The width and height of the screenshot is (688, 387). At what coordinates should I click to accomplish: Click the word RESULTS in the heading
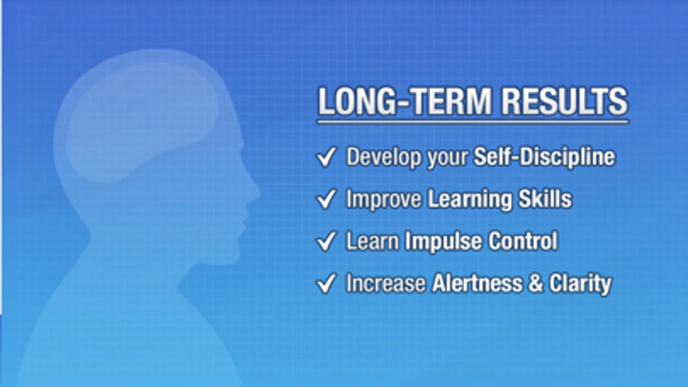(x=565, y=101)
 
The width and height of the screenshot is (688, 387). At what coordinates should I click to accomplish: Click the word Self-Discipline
(x=545, y=157)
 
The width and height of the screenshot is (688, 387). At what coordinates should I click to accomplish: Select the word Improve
(x=384, y=200)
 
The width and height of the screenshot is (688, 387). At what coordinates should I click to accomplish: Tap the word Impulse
(x=443, y=242)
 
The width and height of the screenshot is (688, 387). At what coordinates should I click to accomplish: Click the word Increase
(x=386, y=283)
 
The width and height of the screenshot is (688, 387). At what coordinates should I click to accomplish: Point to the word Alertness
(x=477, y=283)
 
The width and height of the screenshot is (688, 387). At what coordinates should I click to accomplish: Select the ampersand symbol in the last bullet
(x=535, y=283)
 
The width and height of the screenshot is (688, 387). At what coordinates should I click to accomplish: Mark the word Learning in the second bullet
(x=469, y=200)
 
